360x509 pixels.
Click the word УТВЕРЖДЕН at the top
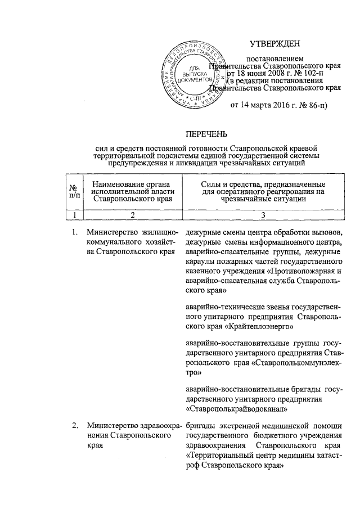[x=276, y=43]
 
